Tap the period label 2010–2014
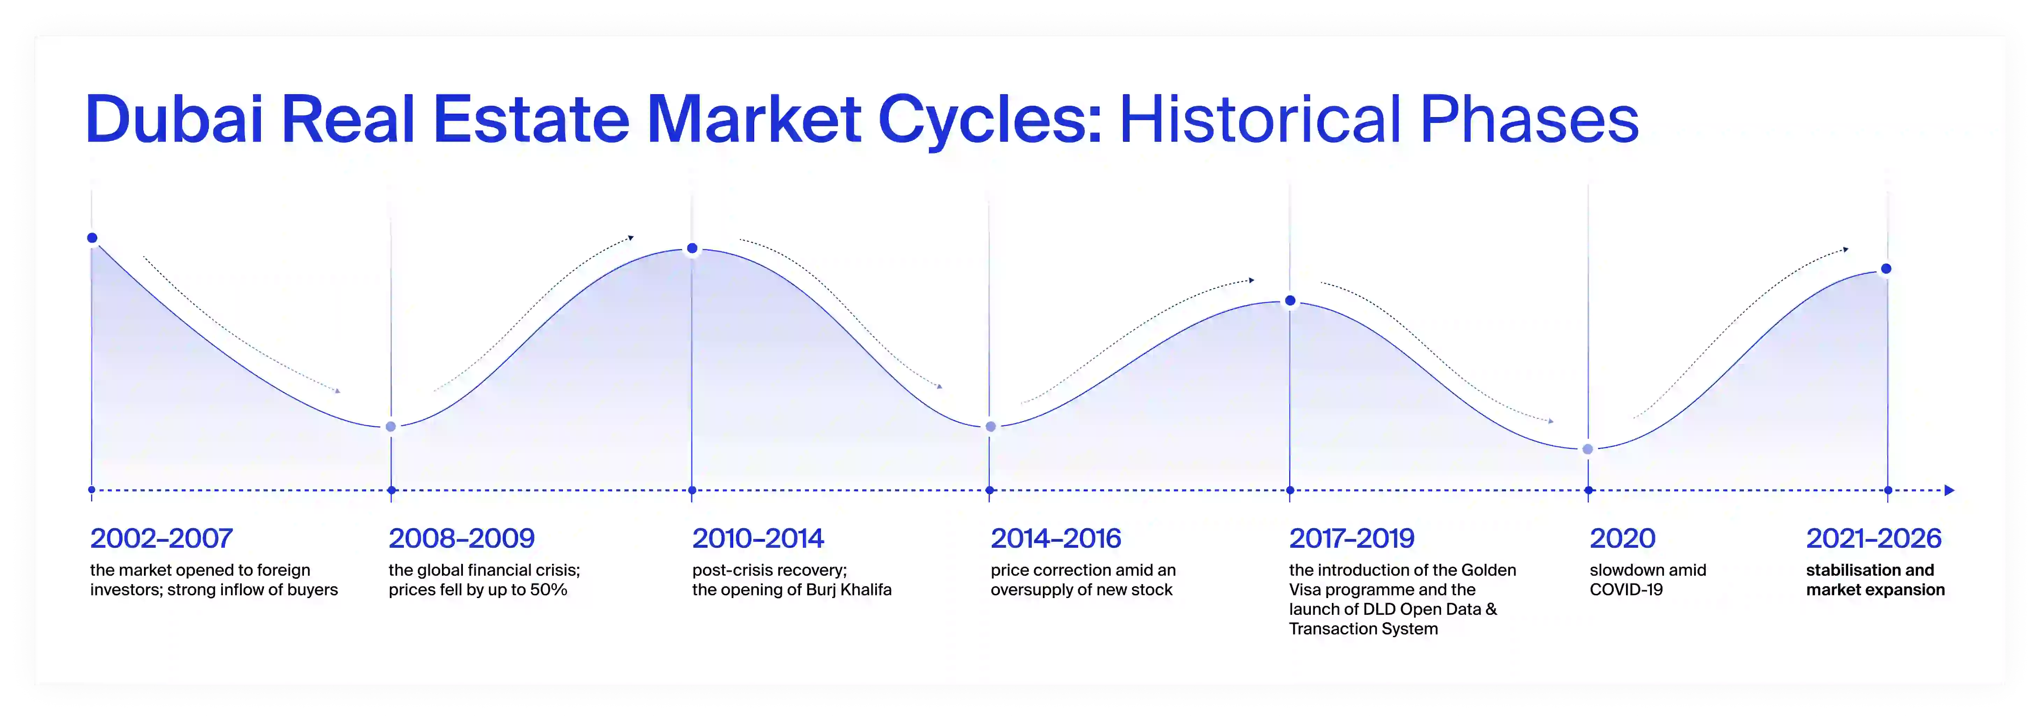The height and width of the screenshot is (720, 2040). [758, 539]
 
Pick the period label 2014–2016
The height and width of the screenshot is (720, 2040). [1056, 539]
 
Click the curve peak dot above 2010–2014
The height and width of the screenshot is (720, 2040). [692, 249]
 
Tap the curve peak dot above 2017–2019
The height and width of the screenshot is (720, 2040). [1290, 301]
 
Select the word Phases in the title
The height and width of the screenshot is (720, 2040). [1529, 119]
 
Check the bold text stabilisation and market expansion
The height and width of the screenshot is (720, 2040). [1874, 580]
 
